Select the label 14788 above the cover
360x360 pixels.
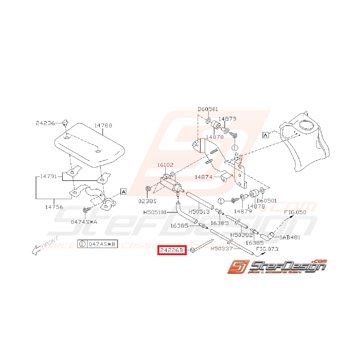click(x=103, y=126)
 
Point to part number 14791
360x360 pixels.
click(x=48, y=176)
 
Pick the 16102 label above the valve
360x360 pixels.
click(x=166, y=165)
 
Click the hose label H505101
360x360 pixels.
click(x=155, y=212)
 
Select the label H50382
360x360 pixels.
click(x=242, y=235)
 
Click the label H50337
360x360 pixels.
click(x=222, y=249)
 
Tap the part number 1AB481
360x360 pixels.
click(x=290, y=237)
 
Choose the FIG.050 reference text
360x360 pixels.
click(x=295, y=212)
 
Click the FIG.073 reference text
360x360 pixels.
click(x=268, y=249)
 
